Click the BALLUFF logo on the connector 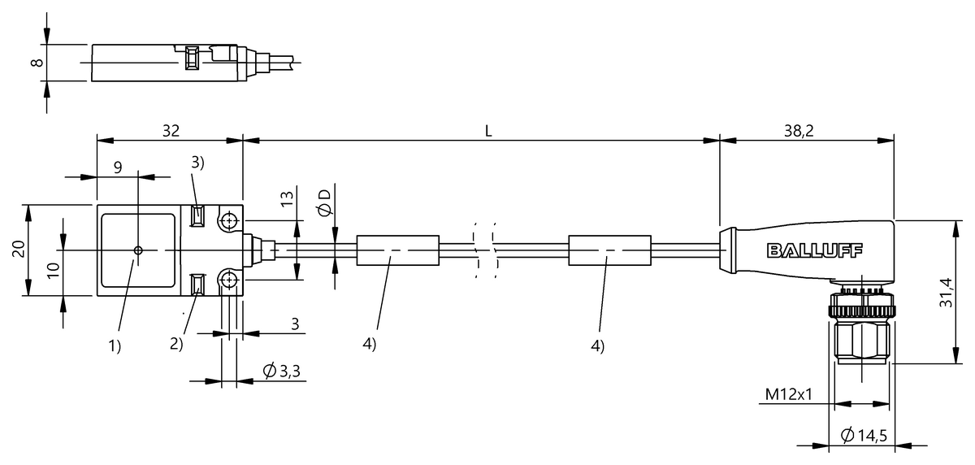click(x=814, y=250)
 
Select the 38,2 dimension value click(x=799, y=131)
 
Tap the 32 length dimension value click(x=171, y=131)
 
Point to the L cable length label click(x=488, y=131)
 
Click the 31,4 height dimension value click(x=946, y=293)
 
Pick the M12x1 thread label click(x=789, y=394)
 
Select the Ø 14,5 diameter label click(x=864, y=435)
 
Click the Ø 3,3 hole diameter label click(x=282, y=371)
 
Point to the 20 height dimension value click(x=19, y=250)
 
